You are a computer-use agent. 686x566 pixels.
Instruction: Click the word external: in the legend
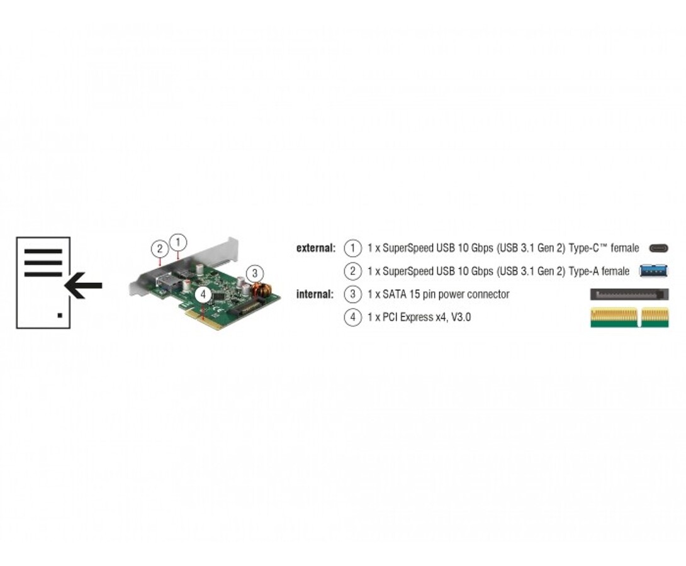[316, 248]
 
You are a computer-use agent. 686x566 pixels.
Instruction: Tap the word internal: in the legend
[315, 294]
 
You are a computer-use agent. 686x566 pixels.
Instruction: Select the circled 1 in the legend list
[353, 248]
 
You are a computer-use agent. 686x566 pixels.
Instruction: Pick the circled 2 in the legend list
[353, 272]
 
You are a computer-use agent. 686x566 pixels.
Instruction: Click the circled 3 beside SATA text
[353, 294]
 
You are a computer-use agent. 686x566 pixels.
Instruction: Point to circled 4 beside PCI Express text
[353, 317]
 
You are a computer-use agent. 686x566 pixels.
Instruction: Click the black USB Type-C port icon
[658, 248]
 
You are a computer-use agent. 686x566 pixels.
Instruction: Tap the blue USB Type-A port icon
[653, 271]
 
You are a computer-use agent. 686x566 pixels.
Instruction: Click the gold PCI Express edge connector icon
[629, 317]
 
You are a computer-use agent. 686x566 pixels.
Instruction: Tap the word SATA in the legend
[394, 294]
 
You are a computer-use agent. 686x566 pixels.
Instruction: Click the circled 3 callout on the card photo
[254, 274]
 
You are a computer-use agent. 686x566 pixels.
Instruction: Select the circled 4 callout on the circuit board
[203, 294]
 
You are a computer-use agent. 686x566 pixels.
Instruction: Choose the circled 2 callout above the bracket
[160, 248]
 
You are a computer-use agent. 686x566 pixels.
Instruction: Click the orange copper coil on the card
[261, 290]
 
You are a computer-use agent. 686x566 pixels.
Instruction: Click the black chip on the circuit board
[219, 296]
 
